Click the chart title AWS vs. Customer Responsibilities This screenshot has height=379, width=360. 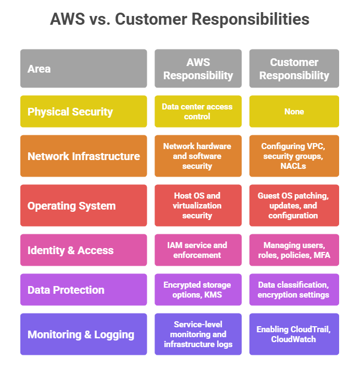pyautogui.click(x=180, y=20)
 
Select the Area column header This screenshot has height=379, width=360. pyautogui.click(x=84, y=69)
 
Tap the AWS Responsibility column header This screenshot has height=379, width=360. pyautogui.click(x=198, y=69)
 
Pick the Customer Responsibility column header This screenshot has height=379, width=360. pyautogui.click(x=294, y=69)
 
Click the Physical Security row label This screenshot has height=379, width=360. pyautogui.click(x=84, y=112)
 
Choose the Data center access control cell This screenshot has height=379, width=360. pyautogui.click(x=198, y=112)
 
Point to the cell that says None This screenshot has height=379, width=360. pyautogui.click(x=294, y=112)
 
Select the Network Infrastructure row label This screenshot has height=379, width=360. pyautogui.click(x=84, y=156)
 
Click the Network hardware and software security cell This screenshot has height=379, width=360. pyautogui.click(x=198, y=156)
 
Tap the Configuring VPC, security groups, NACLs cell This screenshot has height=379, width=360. pyautogui.click(x=294, y=156)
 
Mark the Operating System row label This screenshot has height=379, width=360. pyautogui.click(x=84, y=206)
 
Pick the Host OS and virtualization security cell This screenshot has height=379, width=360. pyautogui.click(x=198, y=206)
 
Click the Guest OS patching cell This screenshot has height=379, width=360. pyautogui.click(x=294, y=206)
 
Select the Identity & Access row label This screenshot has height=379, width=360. pyautogui.click(x=84, y=250)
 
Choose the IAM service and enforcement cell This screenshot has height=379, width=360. pyautogui.click(x=198, y=250)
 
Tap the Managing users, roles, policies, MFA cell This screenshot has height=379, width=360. pyautogui.click(x=294, y=250)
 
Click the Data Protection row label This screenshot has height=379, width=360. pyautogui.click(x=84, y=290)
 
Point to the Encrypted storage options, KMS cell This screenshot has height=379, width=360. pyautogui.click(x=198, y=290)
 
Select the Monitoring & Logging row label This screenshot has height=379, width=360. pyautogui.click(x=84, y=334)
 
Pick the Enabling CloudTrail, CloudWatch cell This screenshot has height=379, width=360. pyautogui.click(x=294, y=334)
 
